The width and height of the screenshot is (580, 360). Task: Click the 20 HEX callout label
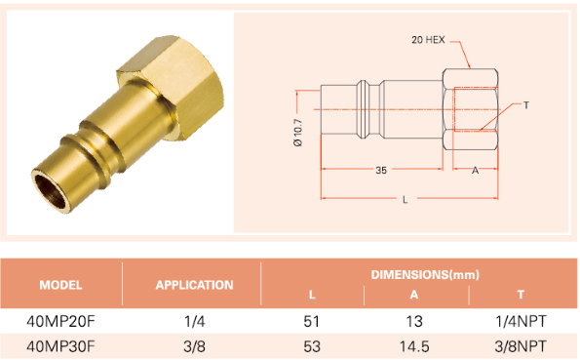(x=428, y=40)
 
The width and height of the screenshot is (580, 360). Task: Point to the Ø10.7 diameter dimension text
(x=298, y=133)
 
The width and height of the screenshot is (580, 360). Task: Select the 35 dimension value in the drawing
(x=381, y=171)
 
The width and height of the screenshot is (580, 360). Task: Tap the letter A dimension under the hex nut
(x=475, y=171)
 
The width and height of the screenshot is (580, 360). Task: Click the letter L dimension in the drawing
(x=406, y=200)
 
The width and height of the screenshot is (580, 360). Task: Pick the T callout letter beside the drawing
(x=526, y=105)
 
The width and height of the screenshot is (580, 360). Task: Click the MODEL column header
(x=60, y=285)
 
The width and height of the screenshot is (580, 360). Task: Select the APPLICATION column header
(x=194, y=285)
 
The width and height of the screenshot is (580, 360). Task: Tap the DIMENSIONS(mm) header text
(x=425, y=275)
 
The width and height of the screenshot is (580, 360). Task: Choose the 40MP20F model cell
(x=60, y=322)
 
